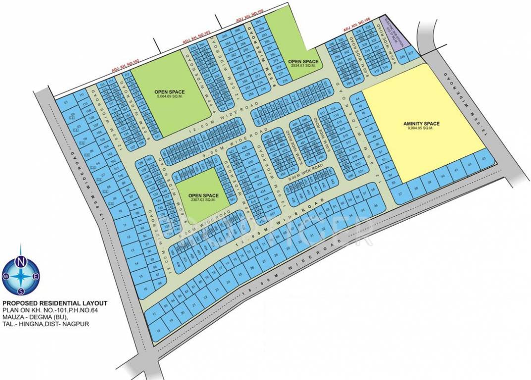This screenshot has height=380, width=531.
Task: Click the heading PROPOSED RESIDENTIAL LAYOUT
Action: pos(54,303)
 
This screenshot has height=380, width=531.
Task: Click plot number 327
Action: pos(411,51)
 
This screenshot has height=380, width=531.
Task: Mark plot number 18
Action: pos(159,330)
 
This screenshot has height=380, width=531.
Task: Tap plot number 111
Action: pos(81,95)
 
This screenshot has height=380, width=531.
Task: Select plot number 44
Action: pos(358,98)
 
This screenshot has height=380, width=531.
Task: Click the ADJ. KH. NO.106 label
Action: pos(357,27)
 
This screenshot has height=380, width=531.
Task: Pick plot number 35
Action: pos(364,209)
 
